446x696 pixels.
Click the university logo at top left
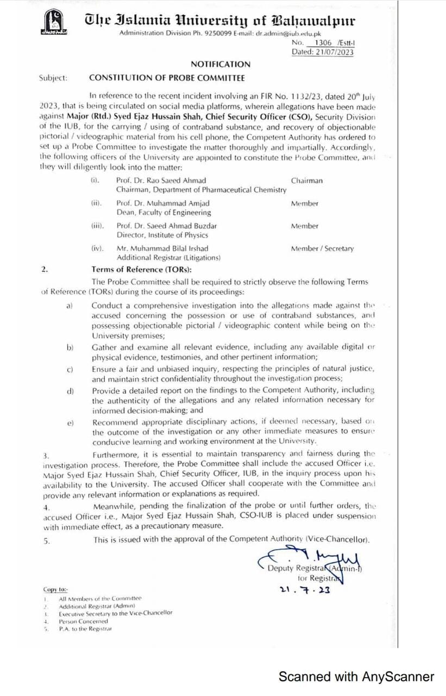(x=54, y=25)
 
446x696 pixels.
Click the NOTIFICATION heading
(x=221, y=64)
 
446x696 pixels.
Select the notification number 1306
(x=317, y=42)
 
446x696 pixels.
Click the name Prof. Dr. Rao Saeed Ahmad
(x=161, y=181)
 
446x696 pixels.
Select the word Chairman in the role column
(x=306, y=181)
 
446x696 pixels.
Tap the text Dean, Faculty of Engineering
(x=164, y=213)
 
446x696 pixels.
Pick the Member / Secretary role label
(x=322, y=248)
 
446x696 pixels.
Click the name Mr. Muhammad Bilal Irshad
(x=162, y=248)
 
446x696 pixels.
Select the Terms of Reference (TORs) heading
(x=141, y=269)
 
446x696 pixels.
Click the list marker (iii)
(x=97, y=226)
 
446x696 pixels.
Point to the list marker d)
(x=70, y=390)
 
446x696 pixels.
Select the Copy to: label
(x=56, y=589)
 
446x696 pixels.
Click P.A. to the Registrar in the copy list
(x=85, y=629)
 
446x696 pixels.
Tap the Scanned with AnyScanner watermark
(x=356, y=676)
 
